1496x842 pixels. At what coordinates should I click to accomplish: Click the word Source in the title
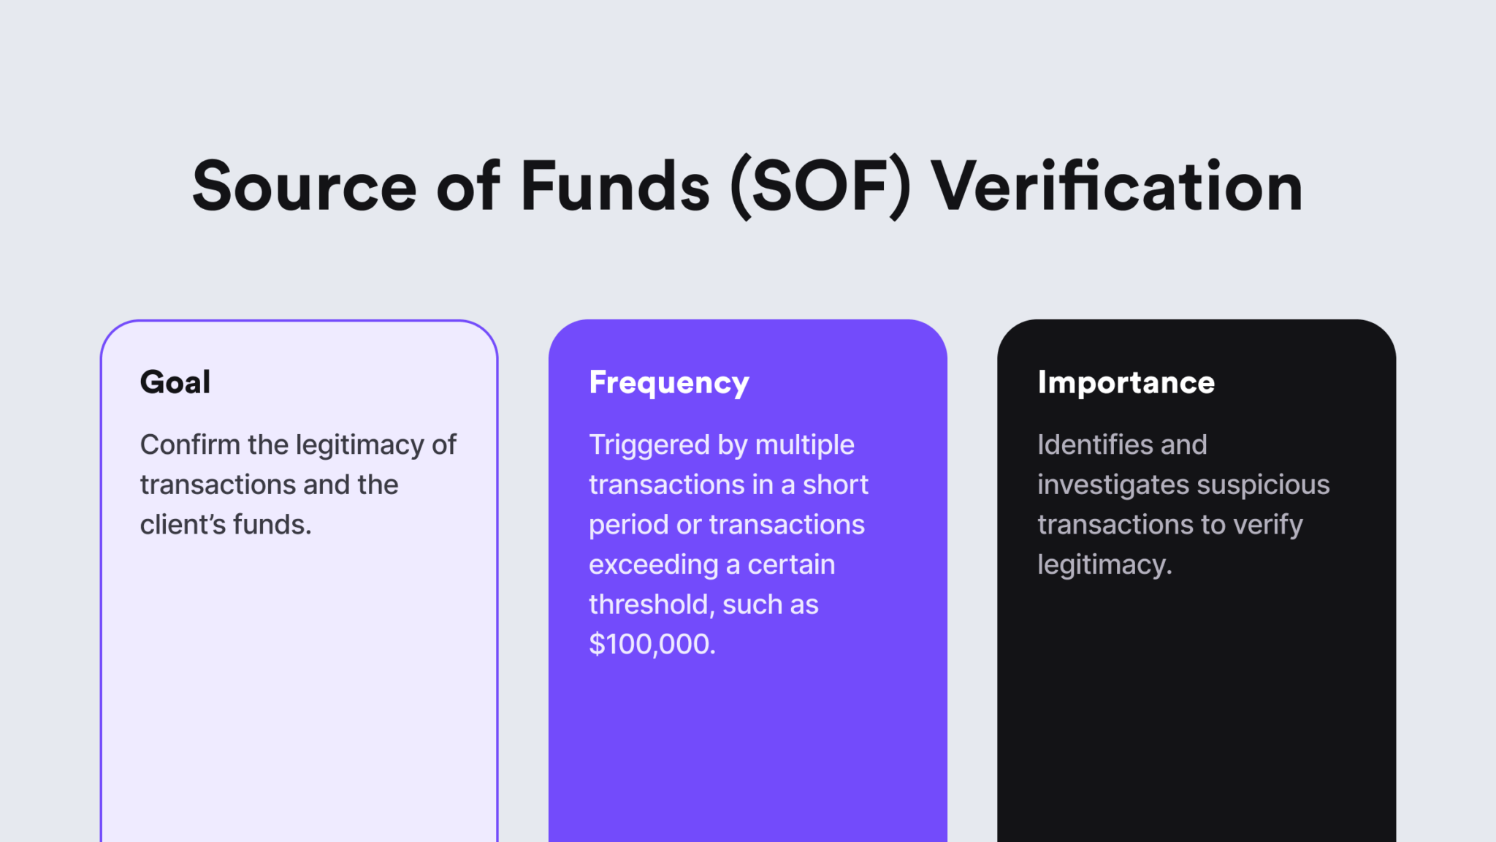[x=304, y=187]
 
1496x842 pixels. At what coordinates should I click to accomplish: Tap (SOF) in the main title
[x=820, y=187]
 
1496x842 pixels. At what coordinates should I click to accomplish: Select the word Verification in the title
[x=1117, y=187]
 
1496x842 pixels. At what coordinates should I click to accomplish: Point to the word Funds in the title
[x=614, y=187]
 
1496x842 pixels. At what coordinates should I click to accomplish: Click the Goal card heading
[x=175, y=382]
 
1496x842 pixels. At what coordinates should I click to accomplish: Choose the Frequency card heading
[x=669, y=383]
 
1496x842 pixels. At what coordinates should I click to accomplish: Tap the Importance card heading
[x=1126, y=382]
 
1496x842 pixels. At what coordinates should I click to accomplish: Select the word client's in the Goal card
[x=183, y=524]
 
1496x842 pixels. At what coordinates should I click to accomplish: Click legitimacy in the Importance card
[x=1104, y=565]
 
